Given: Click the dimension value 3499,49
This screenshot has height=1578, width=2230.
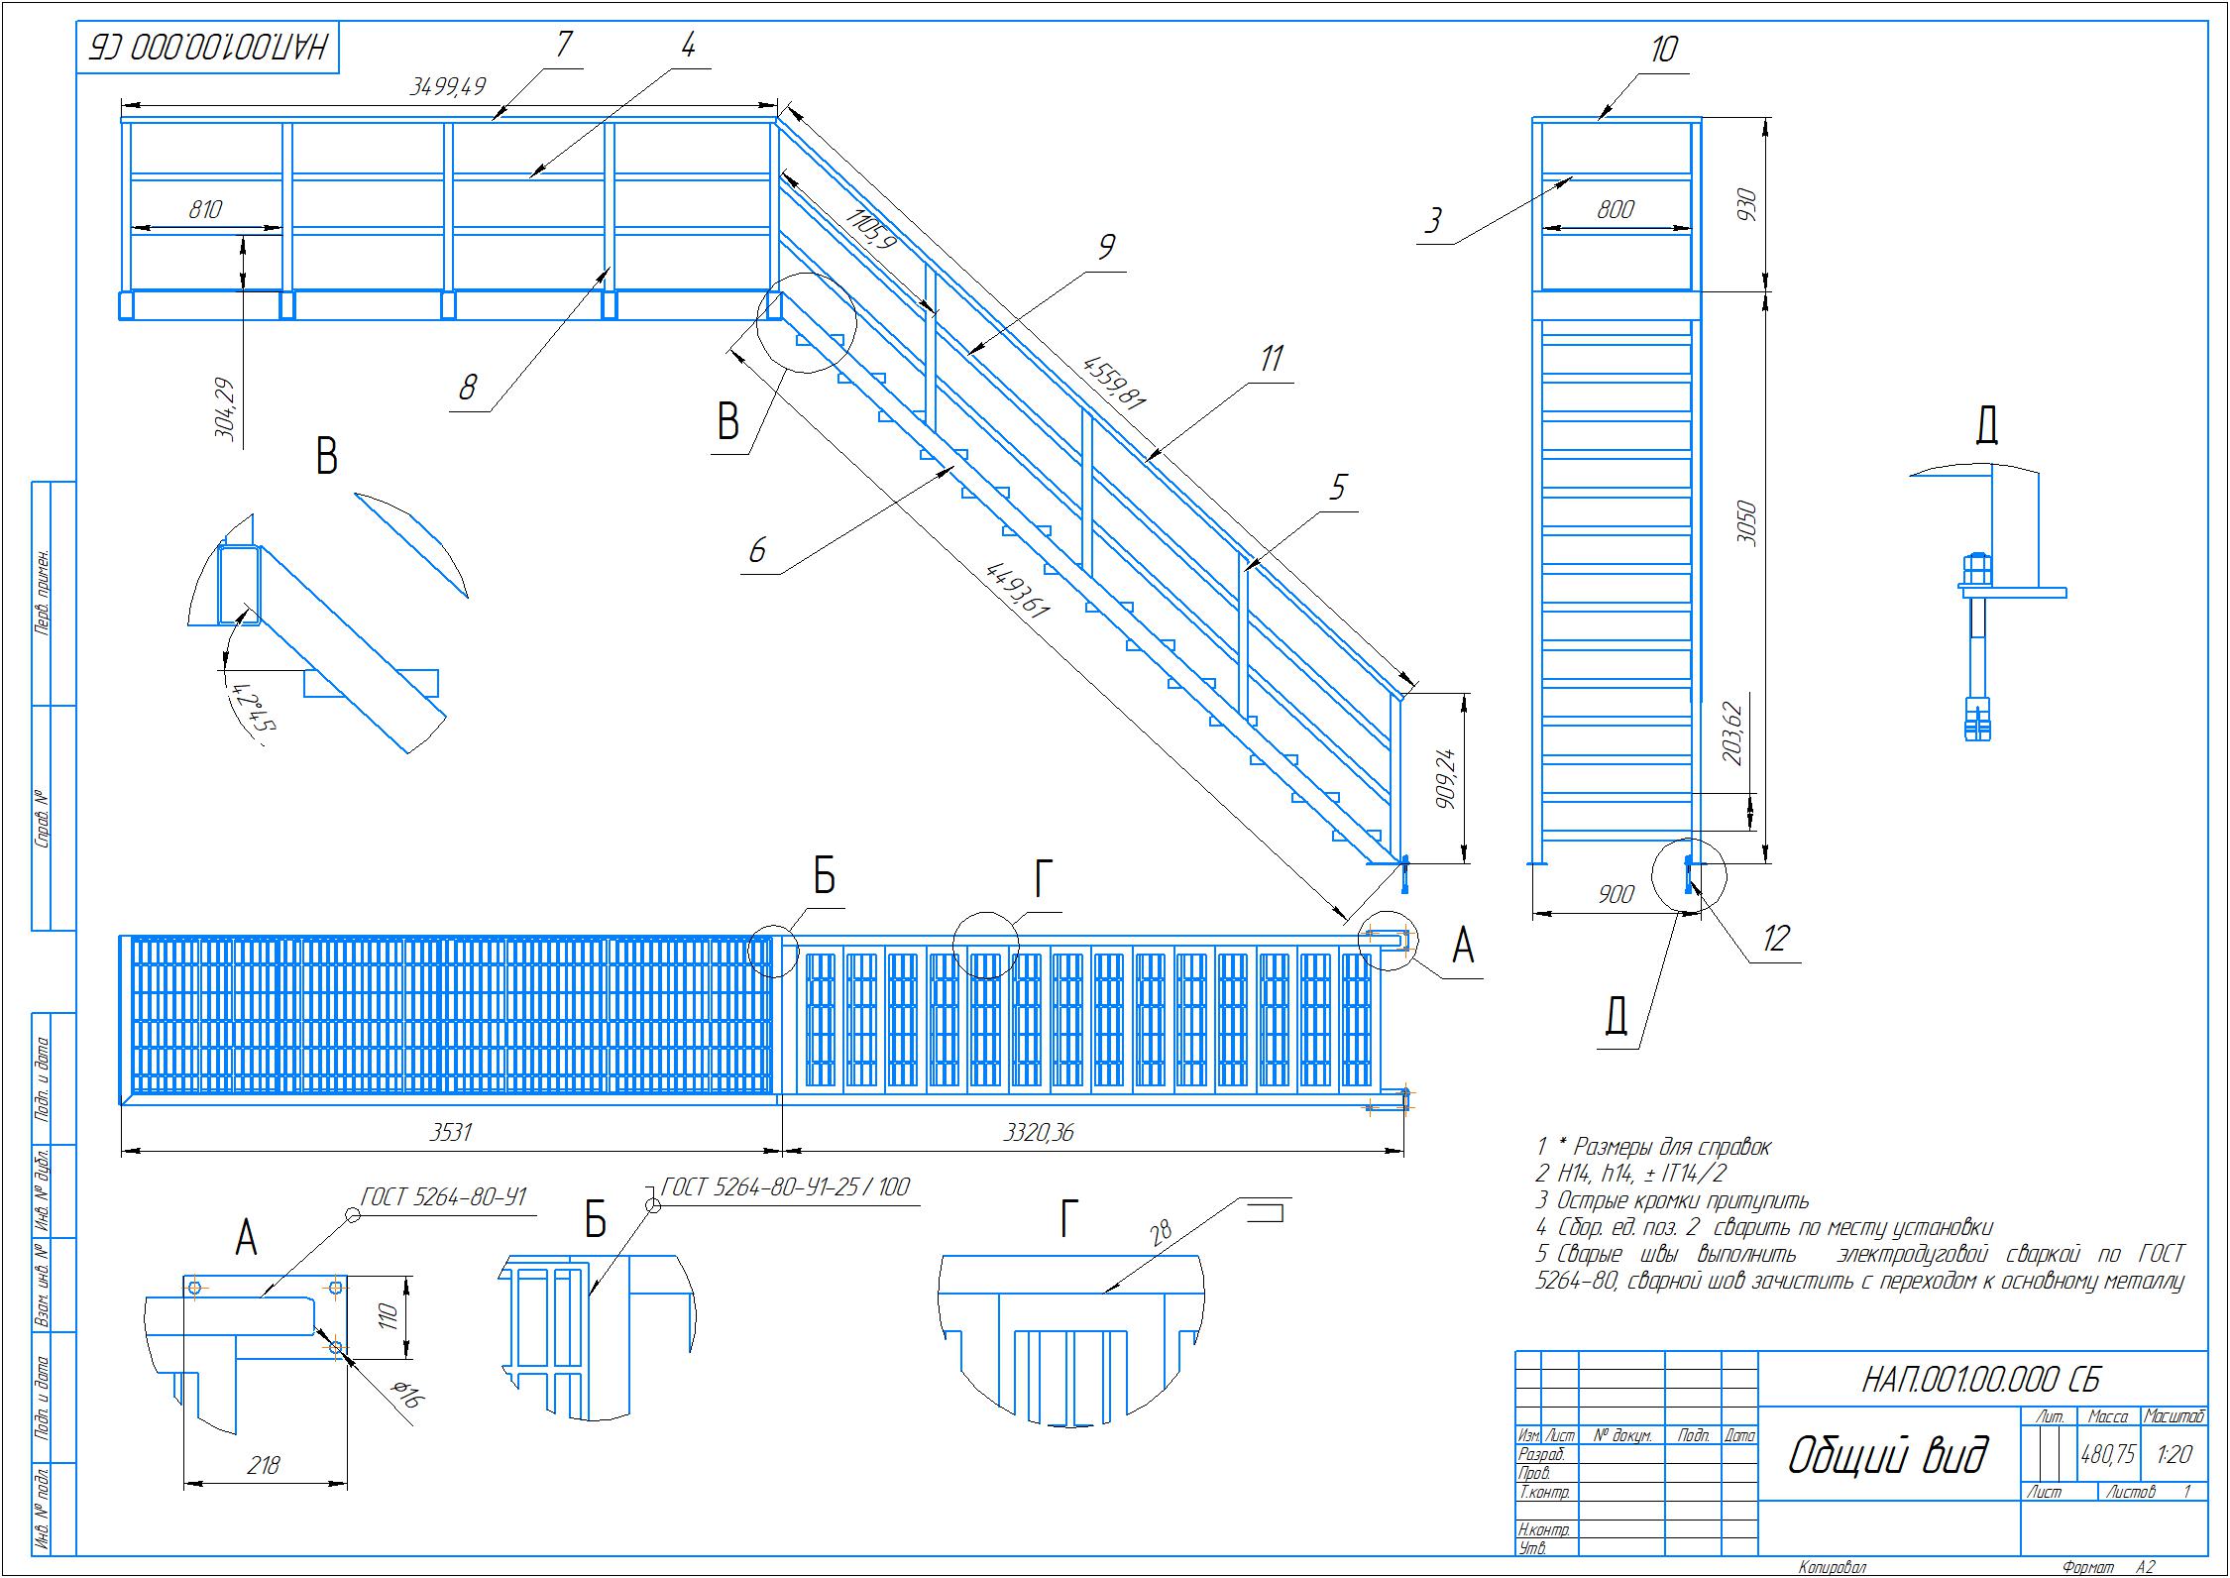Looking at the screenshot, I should (x=448, y=86).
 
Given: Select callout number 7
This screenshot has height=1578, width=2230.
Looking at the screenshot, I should (x=563, y=45).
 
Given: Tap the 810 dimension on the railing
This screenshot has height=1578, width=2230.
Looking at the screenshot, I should (x=205, y=209).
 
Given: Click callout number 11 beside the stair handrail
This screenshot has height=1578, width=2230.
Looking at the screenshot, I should (x=1271, y=359).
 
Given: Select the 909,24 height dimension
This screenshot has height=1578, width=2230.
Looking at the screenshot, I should (x=1443, y=777).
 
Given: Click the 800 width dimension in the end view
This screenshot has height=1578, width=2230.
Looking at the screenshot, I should (x=1615, y=209).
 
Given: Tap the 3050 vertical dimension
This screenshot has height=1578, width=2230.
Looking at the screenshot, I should (x=1746, y=522).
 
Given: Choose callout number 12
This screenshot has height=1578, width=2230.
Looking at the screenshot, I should (x=1775, y=938).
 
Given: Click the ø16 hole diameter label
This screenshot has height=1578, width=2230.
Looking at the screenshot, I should (x=406, y=1398).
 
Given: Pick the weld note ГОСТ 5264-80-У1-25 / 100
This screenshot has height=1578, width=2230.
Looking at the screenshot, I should (x=784, y=1186).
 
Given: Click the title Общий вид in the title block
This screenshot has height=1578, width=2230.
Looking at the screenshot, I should (x=1888, y=1456).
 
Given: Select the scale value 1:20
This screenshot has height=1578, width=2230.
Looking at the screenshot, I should (x=2173, y=1454).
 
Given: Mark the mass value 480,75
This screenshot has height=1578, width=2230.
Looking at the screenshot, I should (x=2107, y=1454).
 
